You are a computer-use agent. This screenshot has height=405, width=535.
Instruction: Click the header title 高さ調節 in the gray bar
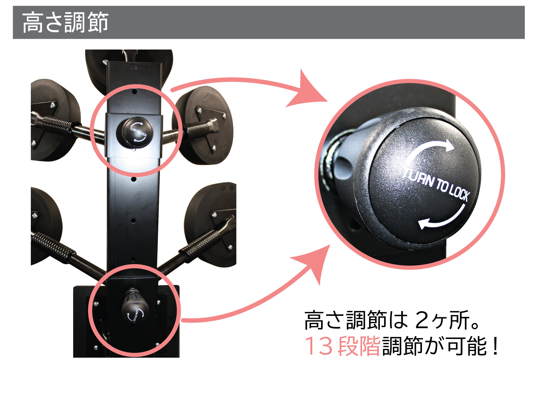65,22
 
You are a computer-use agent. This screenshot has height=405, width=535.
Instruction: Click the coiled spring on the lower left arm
54,246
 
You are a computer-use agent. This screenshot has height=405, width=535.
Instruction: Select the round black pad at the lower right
211,224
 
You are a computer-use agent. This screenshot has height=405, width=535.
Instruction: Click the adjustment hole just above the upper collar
135,91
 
